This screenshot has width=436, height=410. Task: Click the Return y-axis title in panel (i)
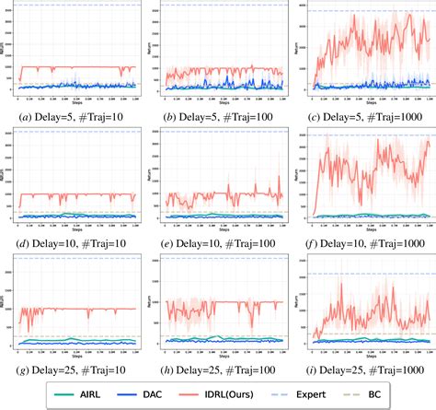coord(297,305)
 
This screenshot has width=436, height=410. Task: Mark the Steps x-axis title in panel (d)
coord(76,227)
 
